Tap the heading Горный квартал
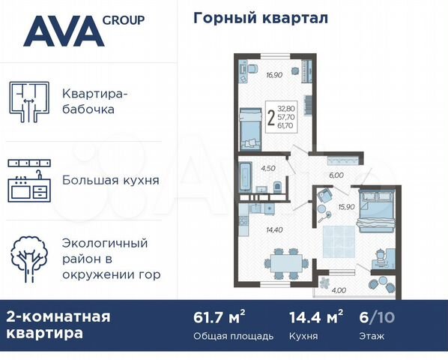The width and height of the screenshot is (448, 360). coord(261,17)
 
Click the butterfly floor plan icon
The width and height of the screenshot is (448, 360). coord(28,103)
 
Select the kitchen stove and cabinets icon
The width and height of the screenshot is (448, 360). coord(29,180)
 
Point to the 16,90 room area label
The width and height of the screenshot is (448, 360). coord(252,74)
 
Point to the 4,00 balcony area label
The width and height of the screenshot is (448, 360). coord(339,290)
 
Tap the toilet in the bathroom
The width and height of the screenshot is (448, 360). coord(278,186)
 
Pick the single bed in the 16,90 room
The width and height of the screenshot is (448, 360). coord(249,128)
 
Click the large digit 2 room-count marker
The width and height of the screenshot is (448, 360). coord(270,118)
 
